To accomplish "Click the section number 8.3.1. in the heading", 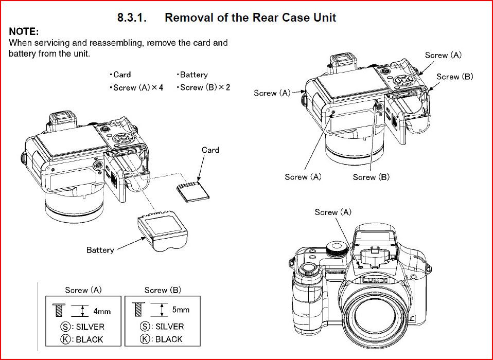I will tap(132, 17).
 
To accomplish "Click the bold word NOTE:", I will tap(24, 32).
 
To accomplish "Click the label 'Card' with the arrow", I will tap(210, 150).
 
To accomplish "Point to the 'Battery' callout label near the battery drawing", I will tap(100, 250).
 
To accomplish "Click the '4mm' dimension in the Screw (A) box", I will tap(101, 311).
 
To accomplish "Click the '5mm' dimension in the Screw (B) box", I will tap(180, 310).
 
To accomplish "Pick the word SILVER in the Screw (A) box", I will tap(90, 327).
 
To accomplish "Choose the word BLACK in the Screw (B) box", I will tap(169, 339).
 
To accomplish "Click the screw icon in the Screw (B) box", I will tap(136, 310).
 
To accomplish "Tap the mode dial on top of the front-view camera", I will tap(336, 250).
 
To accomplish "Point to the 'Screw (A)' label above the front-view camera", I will tap(333, 212).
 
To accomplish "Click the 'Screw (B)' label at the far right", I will tap(454, 77).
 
